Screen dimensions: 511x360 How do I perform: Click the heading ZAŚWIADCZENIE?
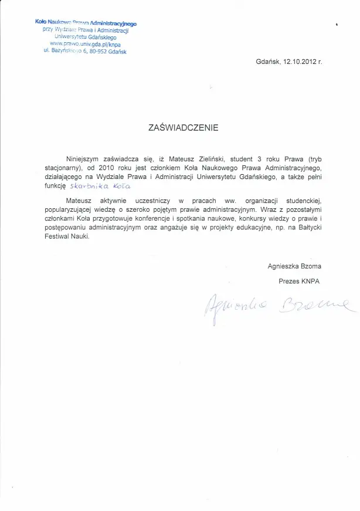tap(184, 126)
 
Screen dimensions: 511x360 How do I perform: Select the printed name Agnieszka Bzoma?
tap(294, 266)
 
